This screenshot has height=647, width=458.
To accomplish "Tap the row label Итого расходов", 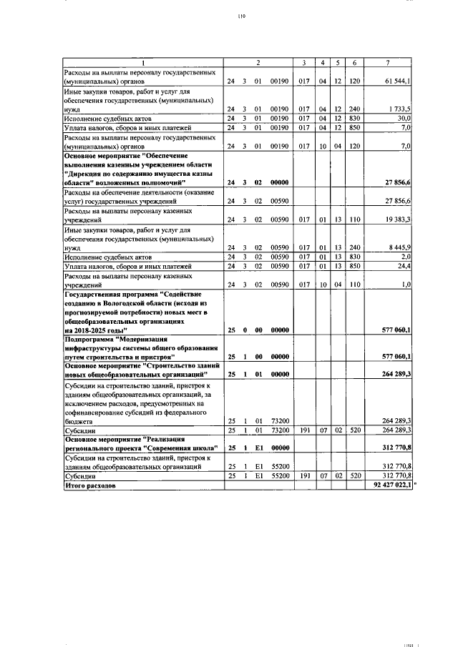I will (89, 485).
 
